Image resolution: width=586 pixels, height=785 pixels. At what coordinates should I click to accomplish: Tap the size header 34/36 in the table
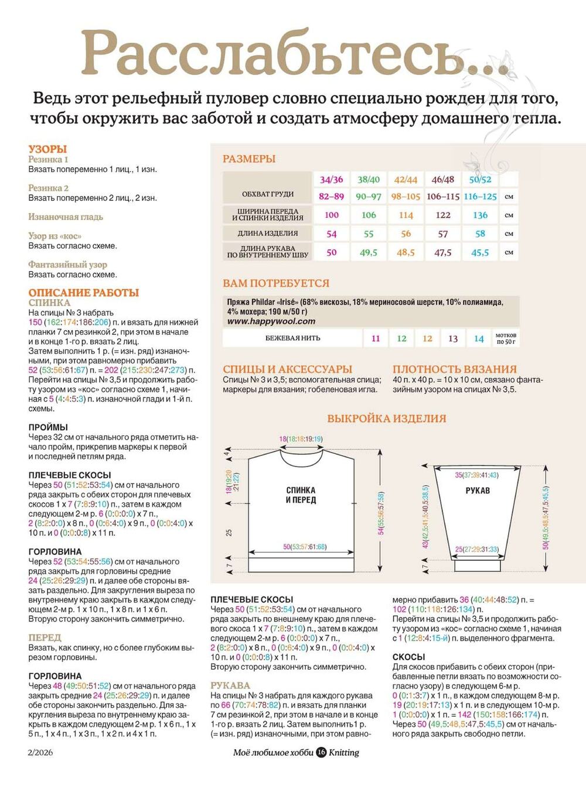(332, 179)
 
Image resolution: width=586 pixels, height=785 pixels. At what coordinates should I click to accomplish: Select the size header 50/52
(480, 179)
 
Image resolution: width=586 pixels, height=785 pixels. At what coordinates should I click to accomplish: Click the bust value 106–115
(442, 196)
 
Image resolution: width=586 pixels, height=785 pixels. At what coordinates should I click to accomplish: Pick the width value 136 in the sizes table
(480, 215)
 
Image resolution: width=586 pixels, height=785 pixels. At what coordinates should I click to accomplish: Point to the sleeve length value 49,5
(369, 252)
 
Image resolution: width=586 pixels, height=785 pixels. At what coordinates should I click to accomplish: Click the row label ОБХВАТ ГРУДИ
(268, 194)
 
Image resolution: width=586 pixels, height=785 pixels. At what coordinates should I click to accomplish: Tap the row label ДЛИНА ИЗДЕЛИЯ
(268, 233)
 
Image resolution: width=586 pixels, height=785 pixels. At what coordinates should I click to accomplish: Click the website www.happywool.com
(271, 321)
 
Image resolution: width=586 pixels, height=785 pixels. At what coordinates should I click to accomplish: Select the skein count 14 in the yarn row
(479, 338)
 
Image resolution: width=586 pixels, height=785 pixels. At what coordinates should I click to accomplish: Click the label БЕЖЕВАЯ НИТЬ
(293, 338)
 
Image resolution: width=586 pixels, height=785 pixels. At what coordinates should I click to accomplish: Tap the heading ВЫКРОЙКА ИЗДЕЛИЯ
(386, 419)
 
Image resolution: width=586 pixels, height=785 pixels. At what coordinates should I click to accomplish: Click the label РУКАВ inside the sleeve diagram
(478, 491)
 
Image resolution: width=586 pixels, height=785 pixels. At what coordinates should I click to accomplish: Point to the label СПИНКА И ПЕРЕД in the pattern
(301, 495)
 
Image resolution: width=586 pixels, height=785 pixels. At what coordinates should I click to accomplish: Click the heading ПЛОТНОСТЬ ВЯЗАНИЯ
(455, 369)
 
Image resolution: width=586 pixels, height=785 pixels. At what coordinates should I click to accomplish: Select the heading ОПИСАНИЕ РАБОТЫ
(84, 292)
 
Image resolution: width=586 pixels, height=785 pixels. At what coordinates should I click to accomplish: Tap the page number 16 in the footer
(321, 752)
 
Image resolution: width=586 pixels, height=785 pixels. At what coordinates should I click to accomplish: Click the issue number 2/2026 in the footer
(40, 752)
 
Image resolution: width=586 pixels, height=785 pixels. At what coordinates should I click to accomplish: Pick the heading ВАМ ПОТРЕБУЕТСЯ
(276, 283)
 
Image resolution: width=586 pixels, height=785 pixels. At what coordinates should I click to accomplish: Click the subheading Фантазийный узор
(68, 264)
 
